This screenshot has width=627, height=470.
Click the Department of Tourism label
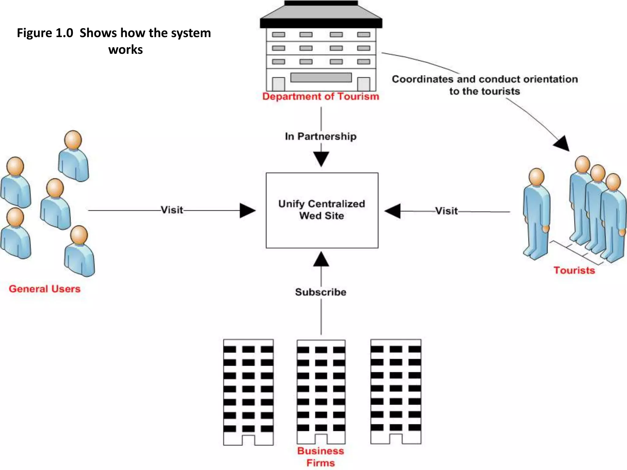(321, 96)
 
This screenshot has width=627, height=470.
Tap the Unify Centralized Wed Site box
(322, 210)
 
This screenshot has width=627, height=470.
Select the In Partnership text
(321, 136)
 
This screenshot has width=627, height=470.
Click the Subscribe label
(321, 292)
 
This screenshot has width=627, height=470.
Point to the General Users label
(45, 289)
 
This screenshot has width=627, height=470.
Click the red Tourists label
(574, 270)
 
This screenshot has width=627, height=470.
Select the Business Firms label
(321, 457)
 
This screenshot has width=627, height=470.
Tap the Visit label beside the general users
(172, 210)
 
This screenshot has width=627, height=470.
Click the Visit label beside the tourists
(447, 211)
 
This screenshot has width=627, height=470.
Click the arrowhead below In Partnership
(321, 159)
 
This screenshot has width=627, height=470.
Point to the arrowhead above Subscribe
(321, 259)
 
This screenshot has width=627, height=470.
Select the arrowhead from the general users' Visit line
(247, 211)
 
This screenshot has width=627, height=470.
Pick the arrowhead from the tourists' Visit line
(393, 211)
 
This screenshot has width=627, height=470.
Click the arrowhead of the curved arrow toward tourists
(562, 144)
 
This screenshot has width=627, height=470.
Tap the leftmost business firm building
(248, 392)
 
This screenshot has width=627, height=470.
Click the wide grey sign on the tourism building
(321, 77)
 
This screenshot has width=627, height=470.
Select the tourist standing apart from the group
(536, 214)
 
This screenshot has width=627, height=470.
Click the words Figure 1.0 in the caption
(45, 33)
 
